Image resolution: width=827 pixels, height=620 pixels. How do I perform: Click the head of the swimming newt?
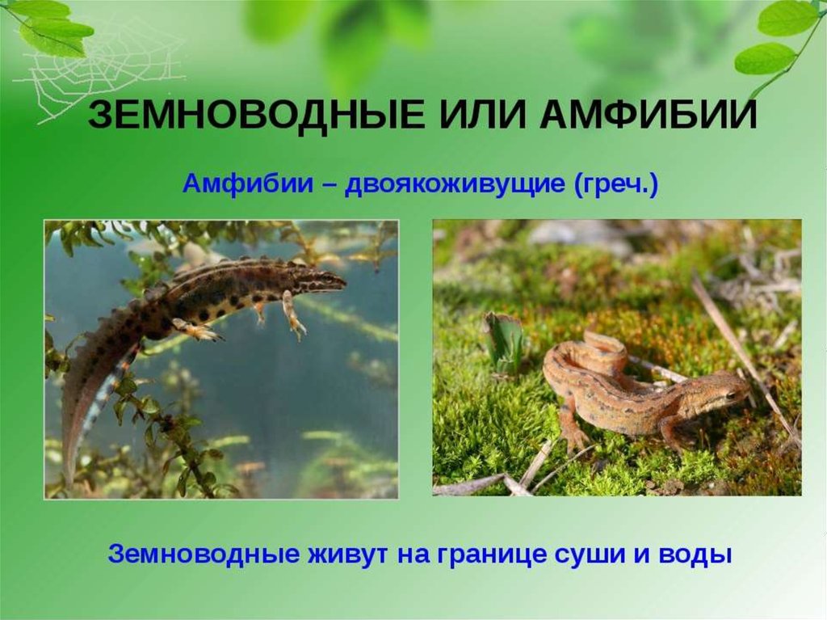[325, 278]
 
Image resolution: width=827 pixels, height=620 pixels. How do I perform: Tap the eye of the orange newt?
[731, 394]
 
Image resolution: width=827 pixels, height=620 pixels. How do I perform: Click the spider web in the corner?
[100, 69]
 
